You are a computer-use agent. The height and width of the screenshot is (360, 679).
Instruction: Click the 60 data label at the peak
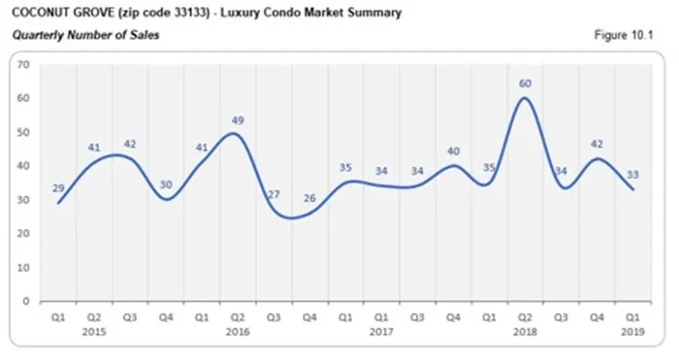(525, 83)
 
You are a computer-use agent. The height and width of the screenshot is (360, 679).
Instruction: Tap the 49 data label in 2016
(237, 120)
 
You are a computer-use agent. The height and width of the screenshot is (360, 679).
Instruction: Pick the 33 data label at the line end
(632, 175)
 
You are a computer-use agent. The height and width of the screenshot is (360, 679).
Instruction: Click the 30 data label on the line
(165, 185)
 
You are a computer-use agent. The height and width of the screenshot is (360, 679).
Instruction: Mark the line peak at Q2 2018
(525, 98)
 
